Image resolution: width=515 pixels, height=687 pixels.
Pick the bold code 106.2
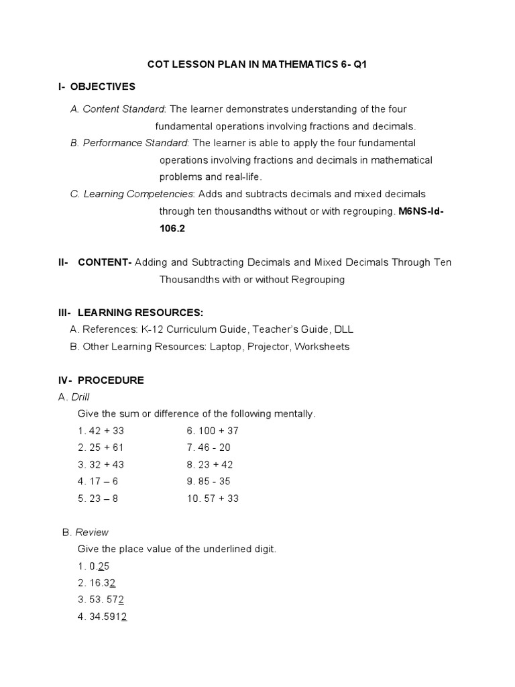172,228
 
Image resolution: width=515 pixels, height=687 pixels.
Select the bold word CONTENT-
105,262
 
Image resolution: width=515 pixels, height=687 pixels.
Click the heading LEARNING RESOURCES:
140,313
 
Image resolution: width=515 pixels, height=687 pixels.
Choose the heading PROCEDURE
111,380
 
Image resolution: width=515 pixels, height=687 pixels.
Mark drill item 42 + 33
106,431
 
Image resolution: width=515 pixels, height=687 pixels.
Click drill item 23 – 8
103,498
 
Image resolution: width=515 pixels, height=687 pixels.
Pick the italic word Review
91,532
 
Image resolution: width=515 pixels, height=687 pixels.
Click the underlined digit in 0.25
101,566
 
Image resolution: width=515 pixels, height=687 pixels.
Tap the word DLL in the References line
345,330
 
